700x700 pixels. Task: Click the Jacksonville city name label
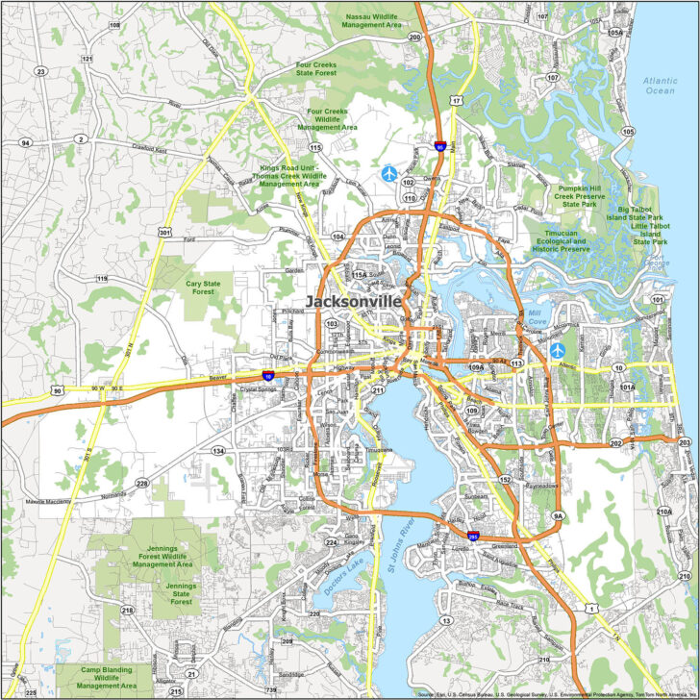click(353, 301)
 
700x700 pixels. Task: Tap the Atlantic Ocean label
click(660, 85)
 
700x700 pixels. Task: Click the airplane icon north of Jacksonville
click(388, 173)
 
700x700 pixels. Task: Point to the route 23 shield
click(40, 71)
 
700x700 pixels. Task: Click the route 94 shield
click(25, 142)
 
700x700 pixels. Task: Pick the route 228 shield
click(142, 483)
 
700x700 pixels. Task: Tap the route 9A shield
click(558, 516)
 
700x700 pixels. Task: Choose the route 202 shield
click(615, 444)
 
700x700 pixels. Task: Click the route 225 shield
click(31, 692)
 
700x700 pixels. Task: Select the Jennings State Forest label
click(182, 593)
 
